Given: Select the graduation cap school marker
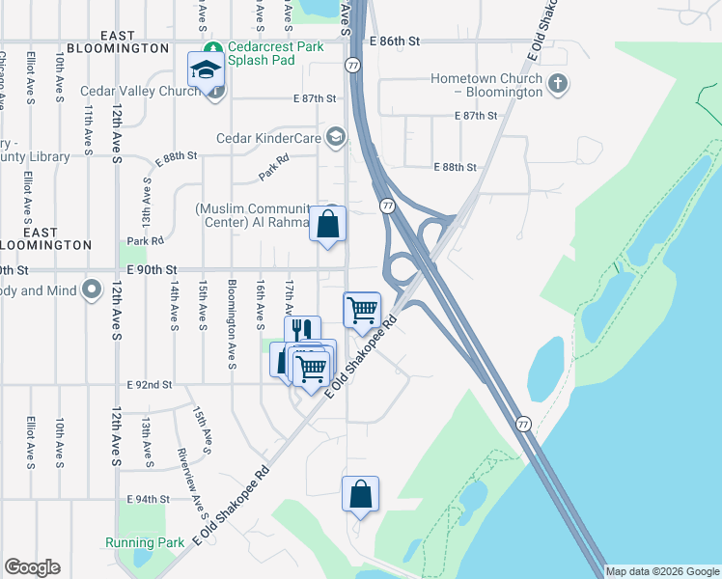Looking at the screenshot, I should pos(206,69).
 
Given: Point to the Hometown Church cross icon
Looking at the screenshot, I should pos(557,85).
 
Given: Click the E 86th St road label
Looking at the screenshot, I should pos(396,41).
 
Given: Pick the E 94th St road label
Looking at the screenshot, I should pos(149,499).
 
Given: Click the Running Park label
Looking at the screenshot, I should pos(145,542).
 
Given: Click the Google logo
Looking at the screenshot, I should pos(33,567).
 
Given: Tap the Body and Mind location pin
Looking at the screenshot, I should pos(92,289).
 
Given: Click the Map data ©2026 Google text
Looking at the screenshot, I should pos(662,571).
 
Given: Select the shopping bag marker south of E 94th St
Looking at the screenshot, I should pos(360,494).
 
